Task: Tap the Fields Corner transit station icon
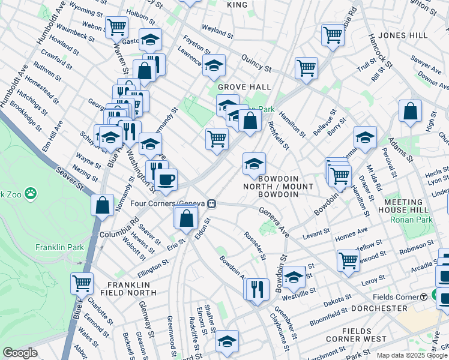pyautogui.click(x=423, y=296)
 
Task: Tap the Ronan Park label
pyautogui.click(x=411, y=220)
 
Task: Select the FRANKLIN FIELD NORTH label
pyautogui.click(x=131, y=289)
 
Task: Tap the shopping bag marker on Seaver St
pyautogui.click(x=103, y=204)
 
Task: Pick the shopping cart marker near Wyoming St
pyautogui.click(x=116, y=26)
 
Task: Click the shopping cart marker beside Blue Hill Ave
pyautogui.click(x=82, y=282)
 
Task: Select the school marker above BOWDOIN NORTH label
pyautogui.click(x=254, y=163)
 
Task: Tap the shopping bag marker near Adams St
pyautogui.click(x=410, y=111)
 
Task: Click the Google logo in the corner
pyautogui.click(x=20, y=353)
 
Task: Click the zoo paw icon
pyautogui.click(x=31, y=194)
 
